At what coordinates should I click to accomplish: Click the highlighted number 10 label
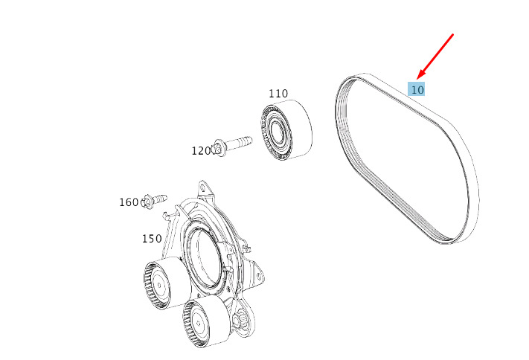tap(417, 89)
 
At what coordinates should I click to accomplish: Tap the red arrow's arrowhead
tap(420, 74)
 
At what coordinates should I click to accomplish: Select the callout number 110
tap(278, 94)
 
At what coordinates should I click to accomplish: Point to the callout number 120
tap(201, 151)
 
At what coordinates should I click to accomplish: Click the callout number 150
tap(152, 239)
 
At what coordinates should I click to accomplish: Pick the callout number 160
tap(129, 202)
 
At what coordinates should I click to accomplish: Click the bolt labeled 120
tap(232, 145)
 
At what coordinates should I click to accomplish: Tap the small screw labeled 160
tap(154, 201)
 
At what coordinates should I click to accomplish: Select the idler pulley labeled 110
tap(286, 129)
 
